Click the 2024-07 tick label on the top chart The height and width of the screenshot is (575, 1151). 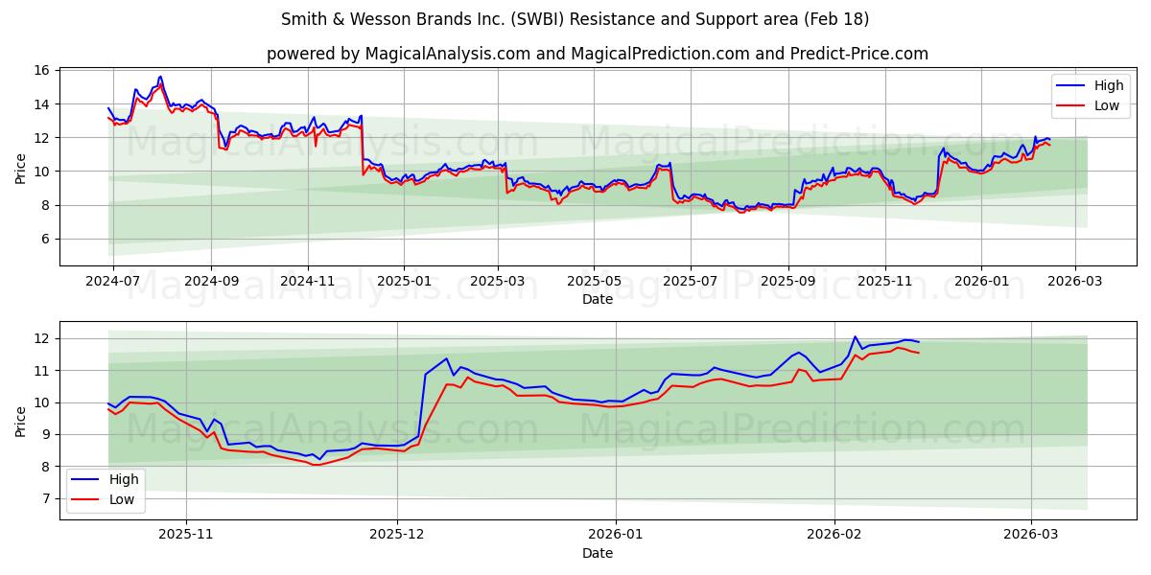pos(113,282)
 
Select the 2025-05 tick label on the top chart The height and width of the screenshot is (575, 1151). pos(594,282)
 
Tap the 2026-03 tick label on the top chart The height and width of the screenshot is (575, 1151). pos(1074,282)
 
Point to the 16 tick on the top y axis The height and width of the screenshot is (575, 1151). pos(41,70)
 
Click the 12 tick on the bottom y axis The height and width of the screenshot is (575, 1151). pos(41,338)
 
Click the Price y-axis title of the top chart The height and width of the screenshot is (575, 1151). pos(21,167)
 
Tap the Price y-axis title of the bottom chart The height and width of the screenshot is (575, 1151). pos(21,420)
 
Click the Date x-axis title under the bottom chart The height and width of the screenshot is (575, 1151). pos(598,553)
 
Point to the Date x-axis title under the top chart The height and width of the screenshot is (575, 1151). pos(598,299)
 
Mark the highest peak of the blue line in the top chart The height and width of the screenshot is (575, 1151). pos(160,77)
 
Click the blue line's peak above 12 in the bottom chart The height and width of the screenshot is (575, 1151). pos(855,336)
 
